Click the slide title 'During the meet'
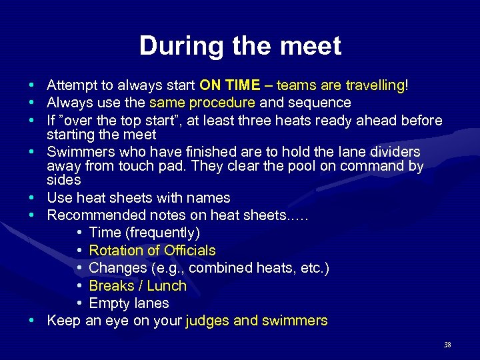coord(240,46)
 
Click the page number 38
coord(447,345)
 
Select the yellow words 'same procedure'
coord(202,103)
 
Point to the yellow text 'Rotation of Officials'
coord(152,251)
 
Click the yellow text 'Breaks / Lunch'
coord(137,286)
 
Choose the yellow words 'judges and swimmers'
coord(257,321)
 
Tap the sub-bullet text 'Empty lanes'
coord(129,303)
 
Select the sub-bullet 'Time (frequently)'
coord(144,233)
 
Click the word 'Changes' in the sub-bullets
coord(115,268)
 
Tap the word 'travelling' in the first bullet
coord(373,85)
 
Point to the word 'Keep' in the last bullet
coord(63,321)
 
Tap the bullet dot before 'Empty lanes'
coord(79,303)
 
